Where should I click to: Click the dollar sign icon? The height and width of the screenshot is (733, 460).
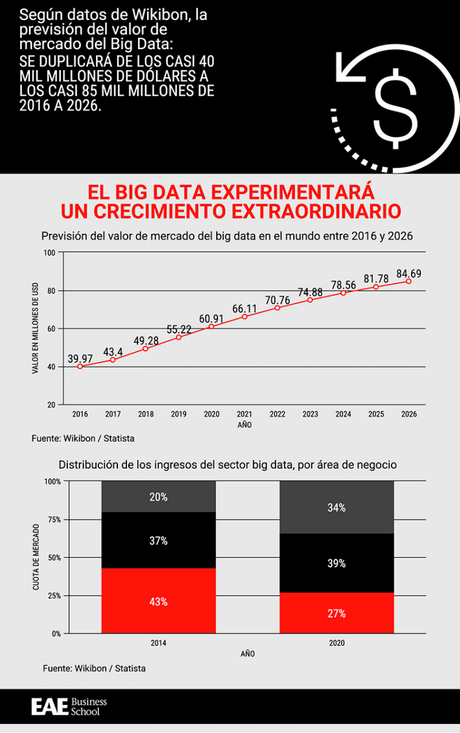(396, 108)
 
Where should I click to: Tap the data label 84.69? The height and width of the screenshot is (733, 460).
(409, 273)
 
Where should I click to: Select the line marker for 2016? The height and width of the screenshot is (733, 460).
(80, 366)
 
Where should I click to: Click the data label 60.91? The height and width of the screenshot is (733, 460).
(211, 318)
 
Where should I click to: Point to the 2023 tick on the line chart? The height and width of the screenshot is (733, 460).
(310, 414)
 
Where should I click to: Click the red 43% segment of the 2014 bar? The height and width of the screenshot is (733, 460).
(158, 601)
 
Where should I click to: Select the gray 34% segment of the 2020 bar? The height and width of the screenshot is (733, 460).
(337, 508)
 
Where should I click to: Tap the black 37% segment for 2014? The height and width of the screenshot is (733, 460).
(158, 541)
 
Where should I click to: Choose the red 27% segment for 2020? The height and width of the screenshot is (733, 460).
(337, 613)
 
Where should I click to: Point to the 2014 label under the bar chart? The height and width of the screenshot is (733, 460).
(158, 643)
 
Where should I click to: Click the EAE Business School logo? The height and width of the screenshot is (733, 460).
(69, 707)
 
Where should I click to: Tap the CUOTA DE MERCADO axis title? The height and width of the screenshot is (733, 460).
(35, 557)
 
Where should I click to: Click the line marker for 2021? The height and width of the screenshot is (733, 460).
(244, 316)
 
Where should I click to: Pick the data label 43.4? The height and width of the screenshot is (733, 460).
(112, 351)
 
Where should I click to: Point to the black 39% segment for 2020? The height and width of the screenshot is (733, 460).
(337, 563)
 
